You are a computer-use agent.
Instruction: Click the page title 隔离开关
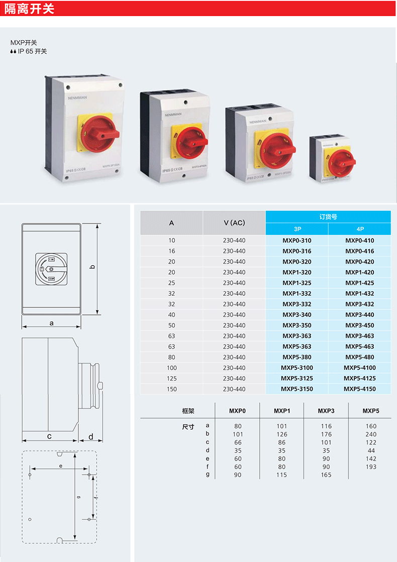29,9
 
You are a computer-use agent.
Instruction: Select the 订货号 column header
328,217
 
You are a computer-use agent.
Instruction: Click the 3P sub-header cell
297,229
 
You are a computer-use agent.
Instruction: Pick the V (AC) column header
234,222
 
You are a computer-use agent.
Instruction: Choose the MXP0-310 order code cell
297,241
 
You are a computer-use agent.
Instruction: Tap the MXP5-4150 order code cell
359,389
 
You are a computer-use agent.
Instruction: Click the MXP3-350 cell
297,325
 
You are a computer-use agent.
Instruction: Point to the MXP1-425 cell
359,283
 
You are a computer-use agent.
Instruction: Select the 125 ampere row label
172,378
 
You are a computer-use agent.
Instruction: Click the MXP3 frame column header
326,411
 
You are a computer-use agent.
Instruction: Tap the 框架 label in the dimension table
188,411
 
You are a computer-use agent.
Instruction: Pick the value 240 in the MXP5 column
371,434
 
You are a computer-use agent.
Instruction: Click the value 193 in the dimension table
371,467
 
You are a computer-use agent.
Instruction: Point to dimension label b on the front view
92,267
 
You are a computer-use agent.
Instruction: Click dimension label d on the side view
91,436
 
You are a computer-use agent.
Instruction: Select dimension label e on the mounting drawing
60,466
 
